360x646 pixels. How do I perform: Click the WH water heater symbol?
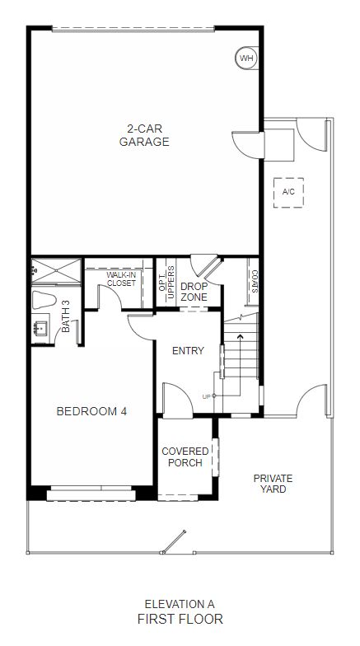246,58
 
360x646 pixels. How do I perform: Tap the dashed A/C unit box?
288,193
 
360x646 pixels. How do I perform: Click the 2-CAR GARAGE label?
144,135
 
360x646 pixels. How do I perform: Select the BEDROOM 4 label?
91,411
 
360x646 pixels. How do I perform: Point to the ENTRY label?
188,351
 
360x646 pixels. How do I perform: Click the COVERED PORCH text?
185,456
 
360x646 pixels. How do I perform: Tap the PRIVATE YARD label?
273,484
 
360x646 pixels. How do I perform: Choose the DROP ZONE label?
194,292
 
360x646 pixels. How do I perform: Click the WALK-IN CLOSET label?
121,279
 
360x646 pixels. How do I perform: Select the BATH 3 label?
66,316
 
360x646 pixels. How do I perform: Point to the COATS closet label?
255,282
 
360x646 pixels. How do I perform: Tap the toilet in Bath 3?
44,300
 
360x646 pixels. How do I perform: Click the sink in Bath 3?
41,328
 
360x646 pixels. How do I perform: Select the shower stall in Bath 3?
56,270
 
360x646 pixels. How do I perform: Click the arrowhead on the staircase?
241,336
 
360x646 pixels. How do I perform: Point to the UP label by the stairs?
206,397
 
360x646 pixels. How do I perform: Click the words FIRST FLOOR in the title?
180,619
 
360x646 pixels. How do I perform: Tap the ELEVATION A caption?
180,605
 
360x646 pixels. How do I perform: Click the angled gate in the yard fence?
175,541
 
